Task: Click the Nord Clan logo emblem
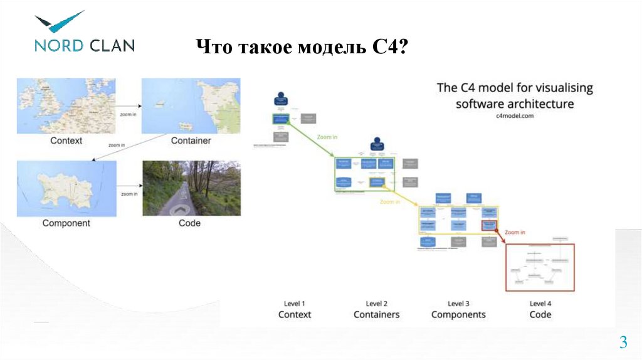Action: point(58,22)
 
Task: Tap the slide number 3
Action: point(623,342)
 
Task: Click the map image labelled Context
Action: point(66,105)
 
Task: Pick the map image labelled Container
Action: point(191,105)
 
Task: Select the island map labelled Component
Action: point(66,188)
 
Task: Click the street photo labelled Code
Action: point(190,188)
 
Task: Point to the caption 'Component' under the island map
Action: point(66,223)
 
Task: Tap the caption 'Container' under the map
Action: point(191,140)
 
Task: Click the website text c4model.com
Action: point(514,116)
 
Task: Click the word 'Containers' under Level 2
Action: point(376,314)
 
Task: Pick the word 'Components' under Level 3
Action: point(458,314)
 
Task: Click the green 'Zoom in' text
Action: point(328,136)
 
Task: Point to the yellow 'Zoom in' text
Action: point(390,202)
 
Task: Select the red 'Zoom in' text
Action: point(515,232)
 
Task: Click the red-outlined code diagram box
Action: point(540,267)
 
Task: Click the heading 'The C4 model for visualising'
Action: point(514,88)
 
